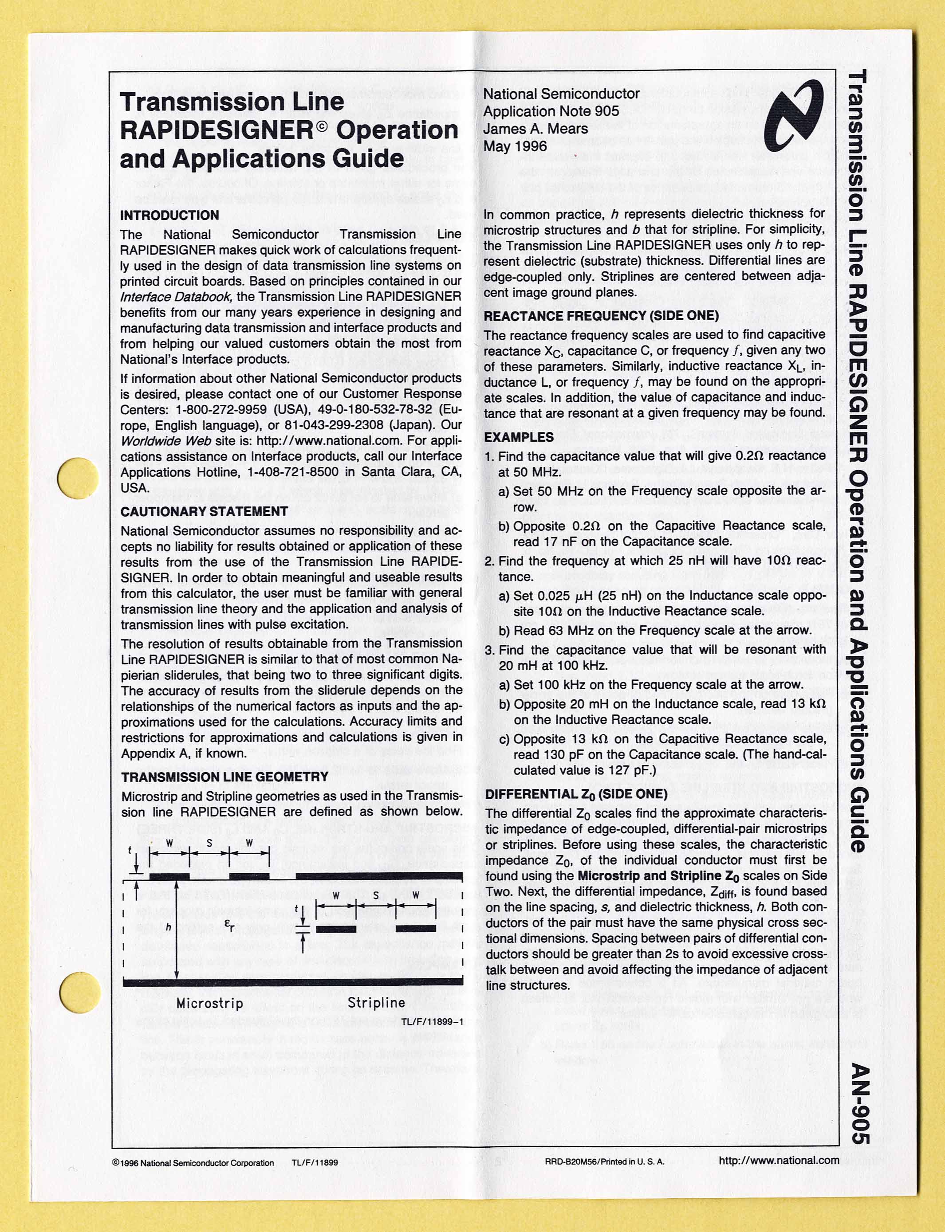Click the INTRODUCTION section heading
point(169,216)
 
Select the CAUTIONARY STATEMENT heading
point(204,511)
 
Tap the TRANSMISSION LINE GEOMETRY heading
point(224,777)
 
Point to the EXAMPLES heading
point(519,437)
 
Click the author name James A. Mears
point(535,129)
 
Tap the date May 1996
point(515,146)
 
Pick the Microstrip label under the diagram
point(209,1003)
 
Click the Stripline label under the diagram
point(376,1003)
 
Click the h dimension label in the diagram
point(168,927)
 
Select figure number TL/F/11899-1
point(432,1022)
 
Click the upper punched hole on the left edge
point(78,478)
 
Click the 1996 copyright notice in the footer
point(193,1163)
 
